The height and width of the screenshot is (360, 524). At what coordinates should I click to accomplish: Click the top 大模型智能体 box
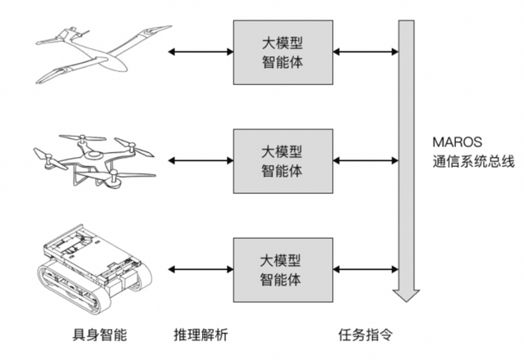(x=282, y=51)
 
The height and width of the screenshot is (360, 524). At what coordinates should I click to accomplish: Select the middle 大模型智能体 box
(x=282, y=161)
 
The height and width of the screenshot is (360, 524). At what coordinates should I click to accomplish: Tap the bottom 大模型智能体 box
(x=282, y=271)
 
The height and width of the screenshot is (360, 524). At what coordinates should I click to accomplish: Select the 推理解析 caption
(x=201, y=335)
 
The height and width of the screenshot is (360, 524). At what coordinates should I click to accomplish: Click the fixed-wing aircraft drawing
(x=98, y=53)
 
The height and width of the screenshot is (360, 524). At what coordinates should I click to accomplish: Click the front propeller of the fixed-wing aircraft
(x=81, y=34)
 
